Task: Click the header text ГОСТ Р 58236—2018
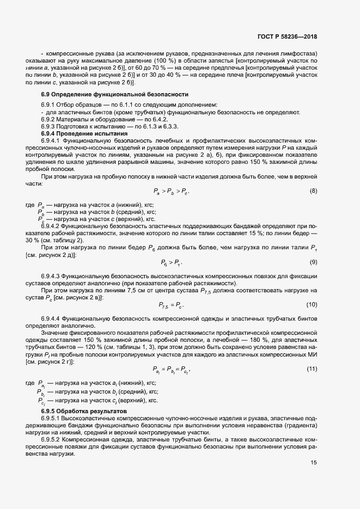(287, 37)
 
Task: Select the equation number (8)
(313, 191)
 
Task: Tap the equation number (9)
(313, 262)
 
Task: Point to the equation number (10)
(312, 304)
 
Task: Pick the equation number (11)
(312, 369)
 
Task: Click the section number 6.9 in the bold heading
(46, 94)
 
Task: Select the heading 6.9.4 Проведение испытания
(84, 133)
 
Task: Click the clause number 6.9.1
(49, 105)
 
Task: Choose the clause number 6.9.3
(49, 126)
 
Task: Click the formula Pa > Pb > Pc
(172, 192)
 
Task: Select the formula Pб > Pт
(172, 263)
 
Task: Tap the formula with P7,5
(172, 305)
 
